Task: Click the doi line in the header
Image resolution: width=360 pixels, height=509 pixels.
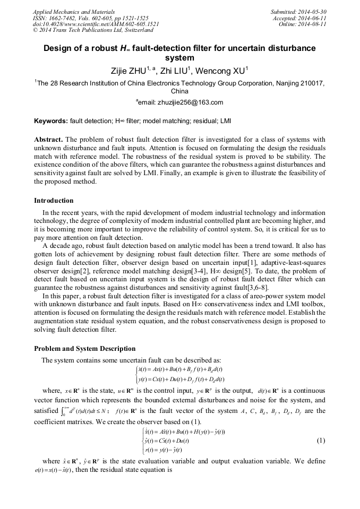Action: (x=96, y=24)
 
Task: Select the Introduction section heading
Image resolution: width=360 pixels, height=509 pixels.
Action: (x=54, y=201)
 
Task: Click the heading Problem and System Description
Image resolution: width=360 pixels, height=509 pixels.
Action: (x=85, y=349)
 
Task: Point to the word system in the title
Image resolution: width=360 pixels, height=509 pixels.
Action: (x=180, y=58)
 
